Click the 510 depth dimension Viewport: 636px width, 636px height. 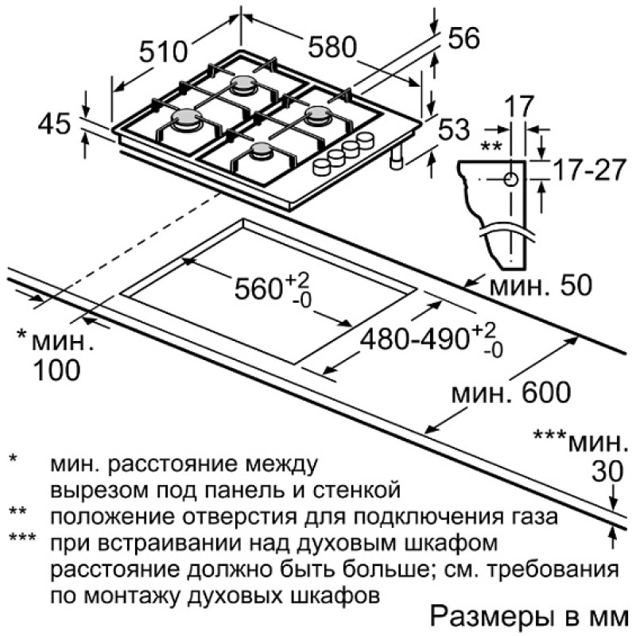click(163, 52)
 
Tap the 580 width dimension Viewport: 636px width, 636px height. click(332, 47)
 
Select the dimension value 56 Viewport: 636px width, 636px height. click(464, 38)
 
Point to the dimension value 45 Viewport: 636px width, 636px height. click(54, 123)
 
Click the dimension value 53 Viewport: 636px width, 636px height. click(454, 130)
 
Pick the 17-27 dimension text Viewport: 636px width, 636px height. click(589, 170)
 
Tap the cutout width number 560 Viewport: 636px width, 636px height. click(258, 289)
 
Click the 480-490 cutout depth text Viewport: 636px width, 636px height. click(414, 339)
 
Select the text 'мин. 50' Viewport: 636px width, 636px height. click(541, 285)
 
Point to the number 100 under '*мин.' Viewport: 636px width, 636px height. click(56, 370)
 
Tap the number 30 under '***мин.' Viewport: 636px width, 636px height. click(607, 471)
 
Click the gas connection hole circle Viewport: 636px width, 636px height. click(510, 179)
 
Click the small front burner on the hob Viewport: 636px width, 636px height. click(262, 152)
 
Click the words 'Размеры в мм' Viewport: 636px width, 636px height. click(529, 617)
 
